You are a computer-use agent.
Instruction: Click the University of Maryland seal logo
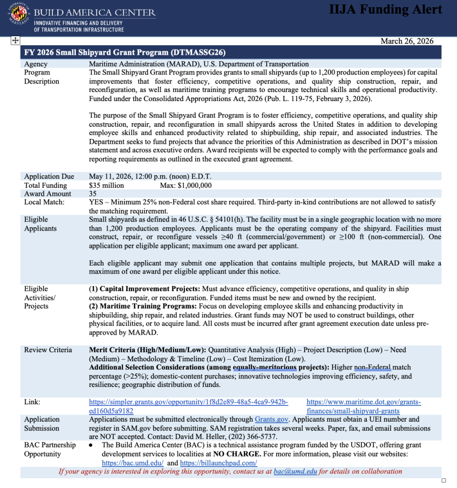click(20, 17)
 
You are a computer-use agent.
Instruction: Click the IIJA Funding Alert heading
click(385, 10)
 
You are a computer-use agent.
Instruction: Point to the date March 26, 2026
click(407, 41)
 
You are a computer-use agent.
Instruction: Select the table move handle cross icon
click(15, 41)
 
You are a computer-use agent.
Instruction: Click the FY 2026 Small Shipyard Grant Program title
click(125, 52)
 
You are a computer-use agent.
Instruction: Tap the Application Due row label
click(49, 176)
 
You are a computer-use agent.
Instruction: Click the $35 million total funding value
click(106, 185)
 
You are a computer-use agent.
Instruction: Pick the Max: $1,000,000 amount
click(186, 185)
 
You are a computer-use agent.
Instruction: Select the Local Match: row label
click(44, 202)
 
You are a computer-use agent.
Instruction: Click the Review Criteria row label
click(48, 350)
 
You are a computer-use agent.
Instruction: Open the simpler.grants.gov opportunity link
click(188, 406)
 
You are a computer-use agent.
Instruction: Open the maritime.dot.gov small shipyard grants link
click(363, 406)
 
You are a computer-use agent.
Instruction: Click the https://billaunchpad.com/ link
click(218, 463)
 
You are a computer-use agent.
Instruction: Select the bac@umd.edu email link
click(295, 471)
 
